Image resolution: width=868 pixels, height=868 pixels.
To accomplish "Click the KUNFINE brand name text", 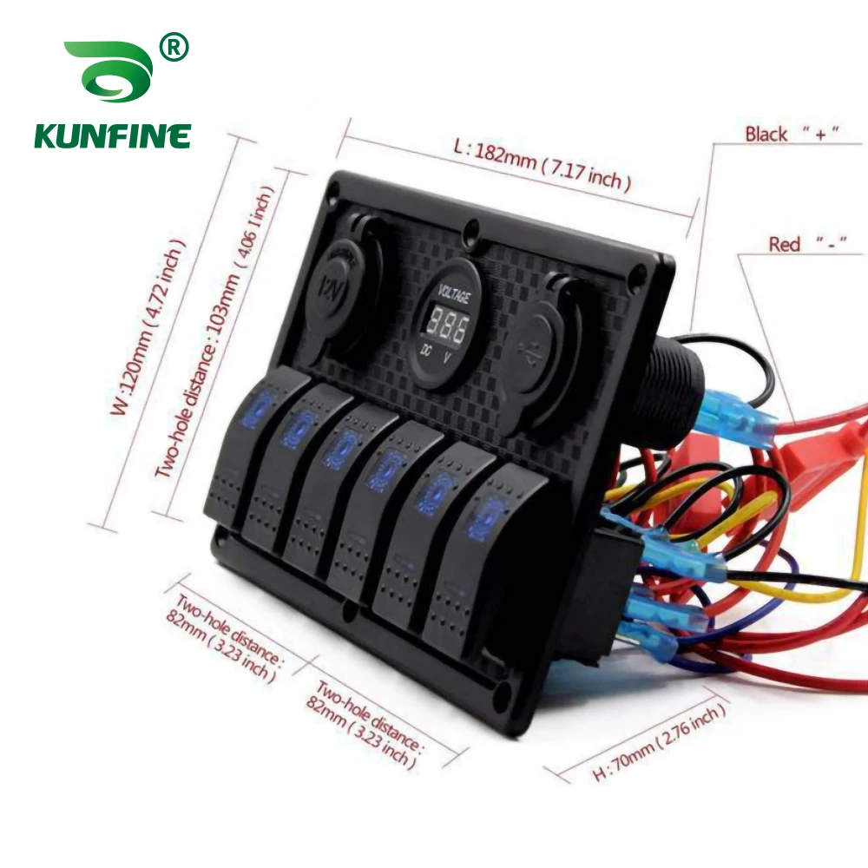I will (x=112, y=136).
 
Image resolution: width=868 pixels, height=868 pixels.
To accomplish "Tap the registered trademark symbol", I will (x=174, y=49).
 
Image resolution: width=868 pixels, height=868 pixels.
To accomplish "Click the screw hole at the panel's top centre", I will (x=471, y=231).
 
